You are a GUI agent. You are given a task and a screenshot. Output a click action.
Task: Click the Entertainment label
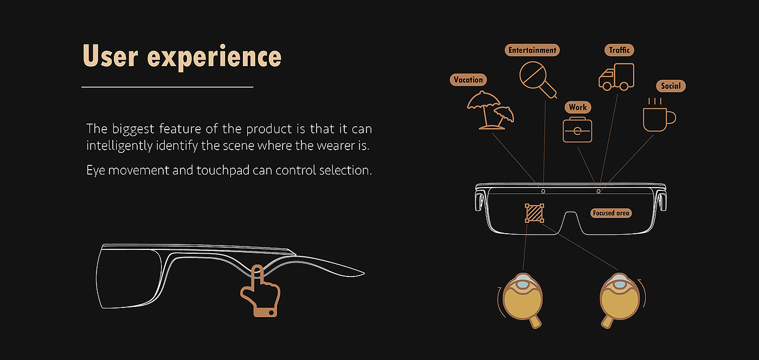(532, 50)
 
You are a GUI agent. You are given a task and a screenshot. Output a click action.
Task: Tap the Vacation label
(468, 80)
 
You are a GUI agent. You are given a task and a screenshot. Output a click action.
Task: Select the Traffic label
(619, 50)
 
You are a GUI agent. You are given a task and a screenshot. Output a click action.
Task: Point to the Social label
(671, 86)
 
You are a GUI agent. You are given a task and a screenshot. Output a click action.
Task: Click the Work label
(578, 107)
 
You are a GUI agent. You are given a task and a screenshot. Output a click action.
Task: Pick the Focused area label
(611, 213)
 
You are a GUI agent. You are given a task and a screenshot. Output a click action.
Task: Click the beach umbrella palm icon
(490, 110)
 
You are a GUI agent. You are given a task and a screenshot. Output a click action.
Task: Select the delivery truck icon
(616, 77)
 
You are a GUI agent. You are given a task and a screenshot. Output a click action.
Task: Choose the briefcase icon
(577, 130)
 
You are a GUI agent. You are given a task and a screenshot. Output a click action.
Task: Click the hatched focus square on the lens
(535, 213)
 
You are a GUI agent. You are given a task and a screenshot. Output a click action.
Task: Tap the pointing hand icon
(260, 292)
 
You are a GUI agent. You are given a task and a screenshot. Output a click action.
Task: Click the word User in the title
(111, 56)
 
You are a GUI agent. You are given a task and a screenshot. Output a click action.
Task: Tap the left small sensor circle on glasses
(543, 191)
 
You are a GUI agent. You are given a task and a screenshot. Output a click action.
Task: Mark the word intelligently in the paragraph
(119, 146)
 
